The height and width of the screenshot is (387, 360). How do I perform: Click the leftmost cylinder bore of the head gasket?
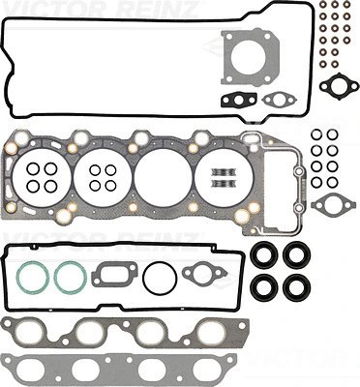pyautogui.click(x=43, y=175)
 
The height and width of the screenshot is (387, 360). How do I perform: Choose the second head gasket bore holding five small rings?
pyautogui.click(x=102, y=175)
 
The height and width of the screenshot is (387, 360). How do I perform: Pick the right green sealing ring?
pyautogui.click(x=69, y=277)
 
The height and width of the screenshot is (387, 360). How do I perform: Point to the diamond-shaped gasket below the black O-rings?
pyautogui.click(x=336, y=203)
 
